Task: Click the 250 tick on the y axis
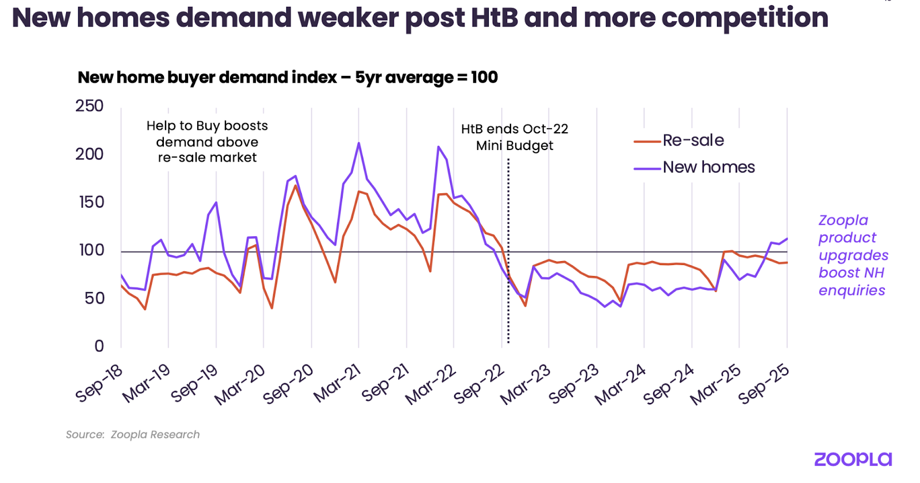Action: coord(89,106)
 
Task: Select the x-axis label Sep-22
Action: coord(479,384)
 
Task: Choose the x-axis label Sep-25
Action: coord(764,384)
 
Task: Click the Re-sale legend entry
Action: coord(693,140)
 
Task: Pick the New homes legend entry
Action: coord(708,167)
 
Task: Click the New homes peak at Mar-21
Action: coord(359,143)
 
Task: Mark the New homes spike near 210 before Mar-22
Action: coord(439,147)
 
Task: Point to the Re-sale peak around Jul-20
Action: coord(296,185)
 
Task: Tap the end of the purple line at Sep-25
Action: coord(787,239)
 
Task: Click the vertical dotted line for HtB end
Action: coord(508,259)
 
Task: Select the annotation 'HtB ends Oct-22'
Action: coord(515,129)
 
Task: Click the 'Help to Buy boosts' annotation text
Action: coord(207,126)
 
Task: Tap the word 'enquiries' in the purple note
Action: coord(852,290)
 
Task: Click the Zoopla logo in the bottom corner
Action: coord(853,459)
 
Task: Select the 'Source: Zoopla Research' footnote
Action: coord(133,435)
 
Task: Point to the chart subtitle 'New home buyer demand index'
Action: coord(207,78)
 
